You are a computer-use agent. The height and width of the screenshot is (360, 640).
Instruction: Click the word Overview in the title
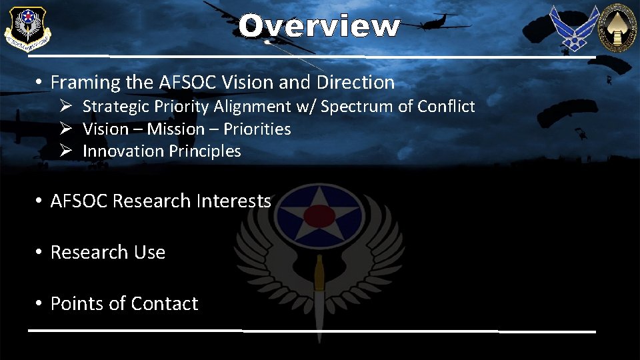click(319, 27)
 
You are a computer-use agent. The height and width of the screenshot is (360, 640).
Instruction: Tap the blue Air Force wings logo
click(573, 28)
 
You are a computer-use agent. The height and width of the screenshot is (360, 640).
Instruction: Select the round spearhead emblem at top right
click(617, 27)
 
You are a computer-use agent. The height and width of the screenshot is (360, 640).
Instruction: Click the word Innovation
click(123, 151)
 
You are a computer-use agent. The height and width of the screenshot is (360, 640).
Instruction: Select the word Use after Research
click(150, 253)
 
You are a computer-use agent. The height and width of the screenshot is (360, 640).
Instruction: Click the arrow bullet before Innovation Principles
click(65, 151)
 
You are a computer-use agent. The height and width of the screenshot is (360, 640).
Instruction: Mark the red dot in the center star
click(319, 215)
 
